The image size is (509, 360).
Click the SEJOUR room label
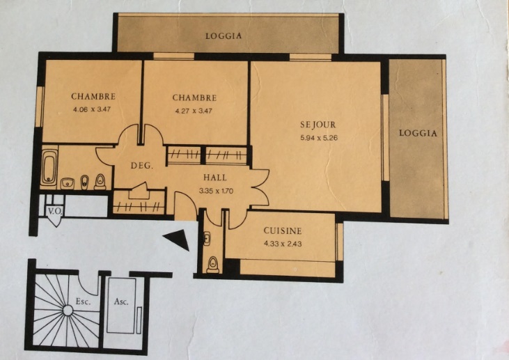pyautogui.click(x=318, y=125)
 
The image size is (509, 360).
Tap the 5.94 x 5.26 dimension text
pyautogui.click(x=319, y=138)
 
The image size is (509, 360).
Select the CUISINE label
pyautogui.click(x=283, y=230)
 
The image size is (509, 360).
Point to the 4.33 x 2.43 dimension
pyautogui.click(x=283, y=244)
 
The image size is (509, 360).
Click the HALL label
pyautogui.click(x=215, y=178)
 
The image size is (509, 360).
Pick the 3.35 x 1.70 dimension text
pyautogui.click(x=216, y=191)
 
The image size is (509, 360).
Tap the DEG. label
pyautogui.click(x=141, y=166)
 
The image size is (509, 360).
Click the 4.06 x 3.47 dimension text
pyautogui.click(x=92, y=109)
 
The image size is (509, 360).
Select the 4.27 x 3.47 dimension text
pyautogui.click(x=194, y=111)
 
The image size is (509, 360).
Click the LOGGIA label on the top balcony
pyautogui.click(x=224, y=36)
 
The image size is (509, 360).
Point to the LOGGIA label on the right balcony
pyautogui.click(x=418, y=133)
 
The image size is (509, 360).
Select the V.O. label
pyautogui.click(x=55, y=211)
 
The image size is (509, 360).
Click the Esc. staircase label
pyautogui.click(x=83, y=302)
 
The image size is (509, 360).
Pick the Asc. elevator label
pyautogui.click(x=121, y=302)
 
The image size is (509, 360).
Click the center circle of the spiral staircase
pyautogui.click(x=68, y=311)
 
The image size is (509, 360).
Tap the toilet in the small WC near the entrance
pyautogui.click(x=213, y=265)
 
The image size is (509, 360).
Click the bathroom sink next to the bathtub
pyautogui.click(x=68, y=183)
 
